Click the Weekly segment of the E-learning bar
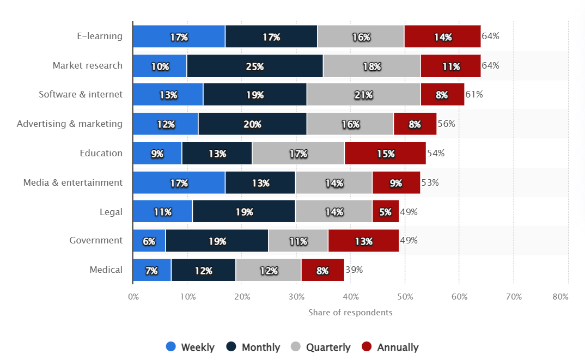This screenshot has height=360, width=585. (x=179, y=36)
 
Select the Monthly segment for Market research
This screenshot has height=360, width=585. (x=254, y=66)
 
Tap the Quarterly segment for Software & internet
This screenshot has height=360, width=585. (x=363, y=95)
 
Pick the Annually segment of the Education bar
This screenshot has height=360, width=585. (x=385, y=154)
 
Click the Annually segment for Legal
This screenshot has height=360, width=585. (x=385, y=212)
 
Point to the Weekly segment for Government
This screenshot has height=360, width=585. (x=149, y=241)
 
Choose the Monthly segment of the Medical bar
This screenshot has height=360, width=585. (x=203, y=270)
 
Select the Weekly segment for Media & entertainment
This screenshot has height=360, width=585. (x=179, y=182)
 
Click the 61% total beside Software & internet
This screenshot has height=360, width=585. (x=474, y=94)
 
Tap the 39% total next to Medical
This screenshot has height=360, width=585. (x=354, y=270)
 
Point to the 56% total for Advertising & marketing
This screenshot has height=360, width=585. (x=446, y=124)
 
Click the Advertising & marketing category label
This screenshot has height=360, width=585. (x=70, y=124)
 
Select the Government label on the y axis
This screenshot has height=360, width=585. (x=96, y=240)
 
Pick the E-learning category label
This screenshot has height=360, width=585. (x=100, y=36)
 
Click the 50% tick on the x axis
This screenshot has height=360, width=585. (x=405, y=297)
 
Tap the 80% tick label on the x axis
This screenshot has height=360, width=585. (x=560, y=297)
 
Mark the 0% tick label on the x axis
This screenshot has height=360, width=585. (x=133, y=297)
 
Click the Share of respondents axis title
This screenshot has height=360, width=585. (x=350, y=313)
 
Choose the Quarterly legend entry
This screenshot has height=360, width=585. (x=321, y=347)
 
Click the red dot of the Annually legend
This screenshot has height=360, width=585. (x=367, y=346)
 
